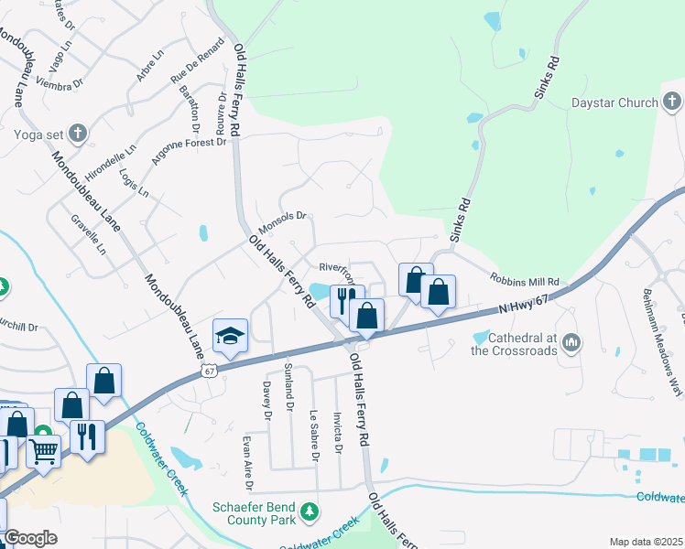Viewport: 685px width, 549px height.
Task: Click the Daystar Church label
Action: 614,103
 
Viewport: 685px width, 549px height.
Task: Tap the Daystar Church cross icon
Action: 671,101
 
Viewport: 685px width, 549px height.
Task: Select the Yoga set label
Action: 40,135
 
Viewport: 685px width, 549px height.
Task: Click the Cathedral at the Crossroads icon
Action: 572,343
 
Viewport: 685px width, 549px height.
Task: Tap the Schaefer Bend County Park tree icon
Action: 312,509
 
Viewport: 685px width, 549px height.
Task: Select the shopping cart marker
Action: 44,449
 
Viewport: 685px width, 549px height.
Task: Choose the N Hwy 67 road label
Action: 523,306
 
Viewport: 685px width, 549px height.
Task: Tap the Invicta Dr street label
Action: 338,432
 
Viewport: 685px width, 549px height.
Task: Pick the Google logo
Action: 31,538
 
